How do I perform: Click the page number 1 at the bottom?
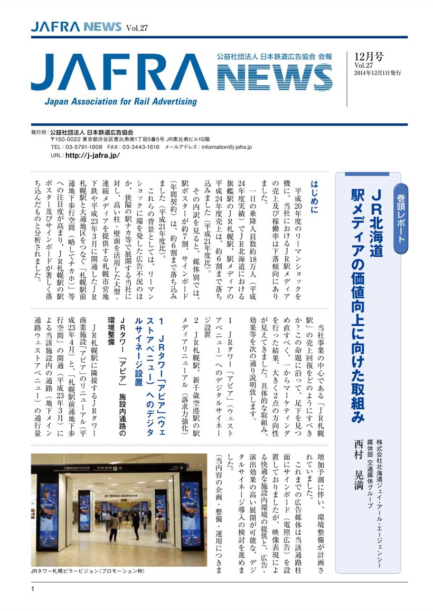pos(33,589)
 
